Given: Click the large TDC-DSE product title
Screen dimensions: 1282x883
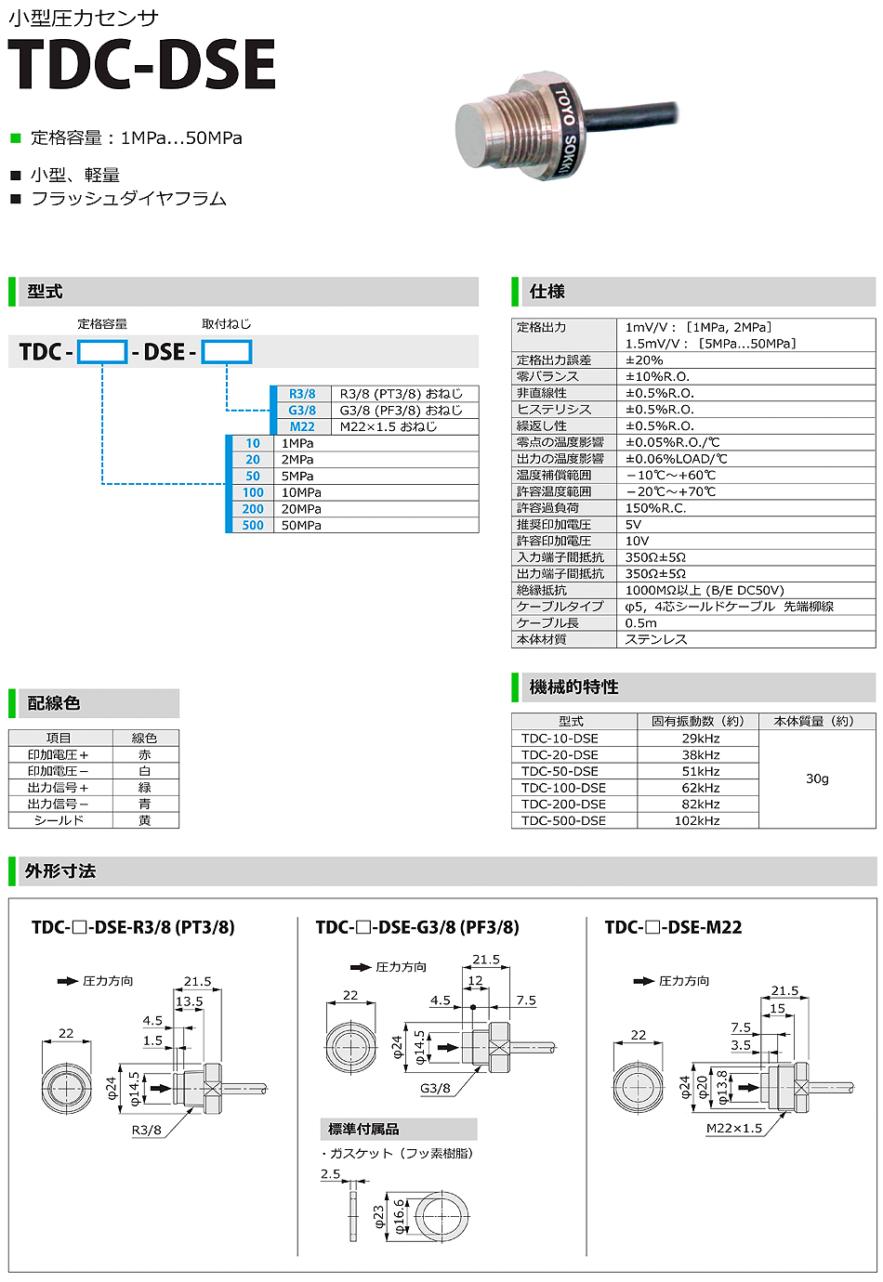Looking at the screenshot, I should coord(142,65).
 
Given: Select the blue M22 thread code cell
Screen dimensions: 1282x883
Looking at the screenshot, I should coord(302,426).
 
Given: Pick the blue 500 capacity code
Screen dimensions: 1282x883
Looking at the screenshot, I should coord(253,525).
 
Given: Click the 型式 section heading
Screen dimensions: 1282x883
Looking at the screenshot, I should coord(45,292).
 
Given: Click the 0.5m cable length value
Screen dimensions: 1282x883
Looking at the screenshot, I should coord(640,622).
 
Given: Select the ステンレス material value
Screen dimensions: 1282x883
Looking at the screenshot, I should coord(656,639).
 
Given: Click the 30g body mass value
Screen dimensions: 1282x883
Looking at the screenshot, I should coord(817,778).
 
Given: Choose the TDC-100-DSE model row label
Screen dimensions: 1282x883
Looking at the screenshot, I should coord(563,788).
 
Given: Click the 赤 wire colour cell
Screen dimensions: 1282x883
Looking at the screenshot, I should coord(145,755).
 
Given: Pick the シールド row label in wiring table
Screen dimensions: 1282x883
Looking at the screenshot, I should coord(59,820).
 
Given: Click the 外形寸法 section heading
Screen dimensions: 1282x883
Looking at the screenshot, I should coord(60,871).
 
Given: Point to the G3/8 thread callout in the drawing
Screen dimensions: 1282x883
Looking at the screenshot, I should coord(435,1088).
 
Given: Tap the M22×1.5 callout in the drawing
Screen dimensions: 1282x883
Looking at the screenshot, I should coord(733,1128).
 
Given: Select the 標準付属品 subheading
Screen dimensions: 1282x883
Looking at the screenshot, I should coord(363,1129).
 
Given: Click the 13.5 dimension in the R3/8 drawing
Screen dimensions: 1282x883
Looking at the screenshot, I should coord(189,1001).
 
